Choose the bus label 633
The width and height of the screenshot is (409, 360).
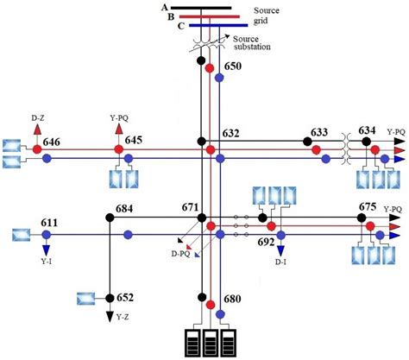pyautogui.click(x=318, y=131)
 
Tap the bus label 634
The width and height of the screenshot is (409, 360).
pyautogui.click(x=368, y=131)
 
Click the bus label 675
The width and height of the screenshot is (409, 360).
pyautogui.click(x=368, y=207)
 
